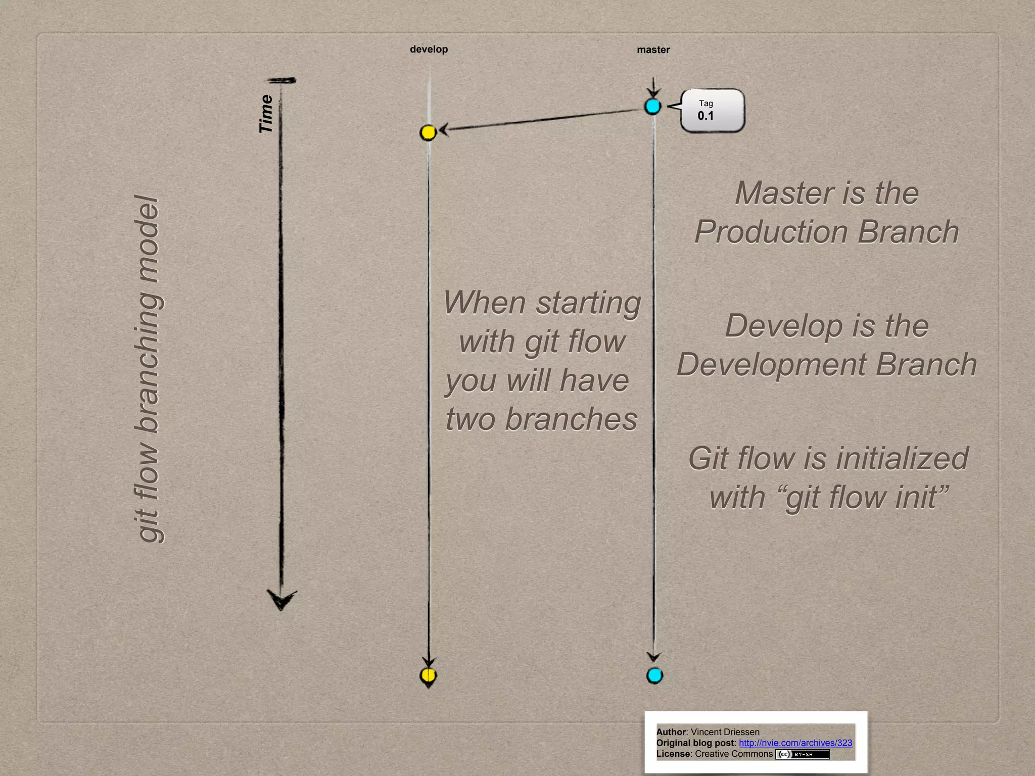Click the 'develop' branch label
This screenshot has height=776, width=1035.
coord(429,50)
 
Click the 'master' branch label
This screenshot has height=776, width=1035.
coord(653,50)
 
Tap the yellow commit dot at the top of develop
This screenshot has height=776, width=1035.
coord(428,132)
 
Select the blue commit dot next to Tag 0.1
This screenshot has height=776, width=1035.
coord(653,107)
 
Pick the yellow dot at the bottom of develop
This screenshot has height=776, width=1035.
coord(428,675)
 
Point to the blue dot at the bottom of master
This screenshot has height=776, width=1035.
coord(654,675)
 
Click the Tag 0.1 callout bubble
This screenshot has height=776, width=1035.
coord(712,111)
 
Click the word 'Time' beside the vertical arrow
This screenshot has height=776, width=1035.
coord(266,114)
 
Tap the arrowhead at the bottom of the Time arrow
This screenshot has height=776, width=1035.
coord(281,600)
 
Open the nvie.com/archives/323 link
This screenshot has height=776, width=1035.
coord(795,743)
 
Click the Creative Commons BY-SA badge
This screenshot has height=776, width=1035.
coord(803,754)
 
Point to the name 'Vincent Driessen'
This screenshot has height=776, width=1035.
coord(725,732)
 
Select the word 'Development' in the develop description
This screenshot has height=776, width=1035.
coord(771,365)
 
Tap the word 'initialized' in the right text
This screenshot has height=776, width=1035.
coord(902,459)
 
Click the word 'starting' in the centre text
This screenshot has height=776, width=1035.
coord(588,303)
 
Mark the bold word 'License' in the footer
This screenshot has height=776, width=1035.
coord(673,754)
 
